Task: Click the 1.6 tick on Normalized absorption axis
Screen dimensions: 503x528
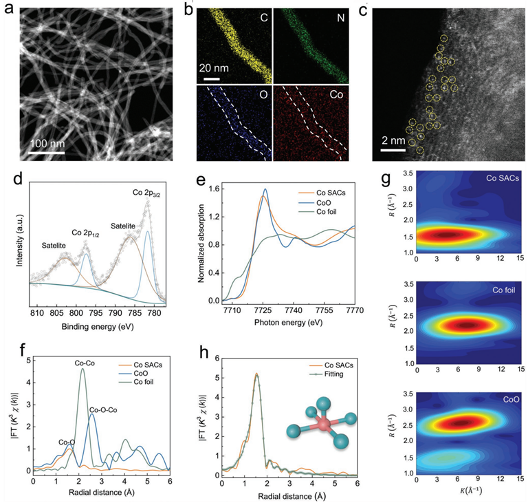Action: point(219,188)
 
